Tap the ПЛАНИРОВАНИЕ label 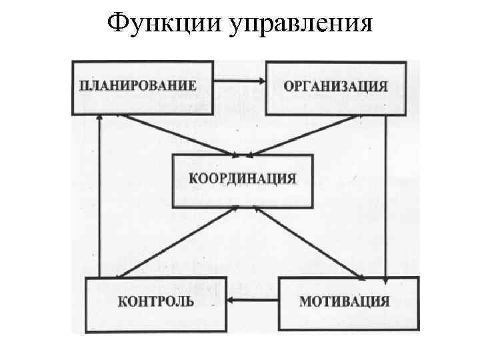coord(139,85)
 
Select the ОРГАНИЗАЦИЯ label coord(335,86)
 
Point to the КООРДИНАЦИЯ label coord(243,179)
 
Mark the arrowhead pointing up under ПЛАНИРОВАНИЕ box coord(99,120)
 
